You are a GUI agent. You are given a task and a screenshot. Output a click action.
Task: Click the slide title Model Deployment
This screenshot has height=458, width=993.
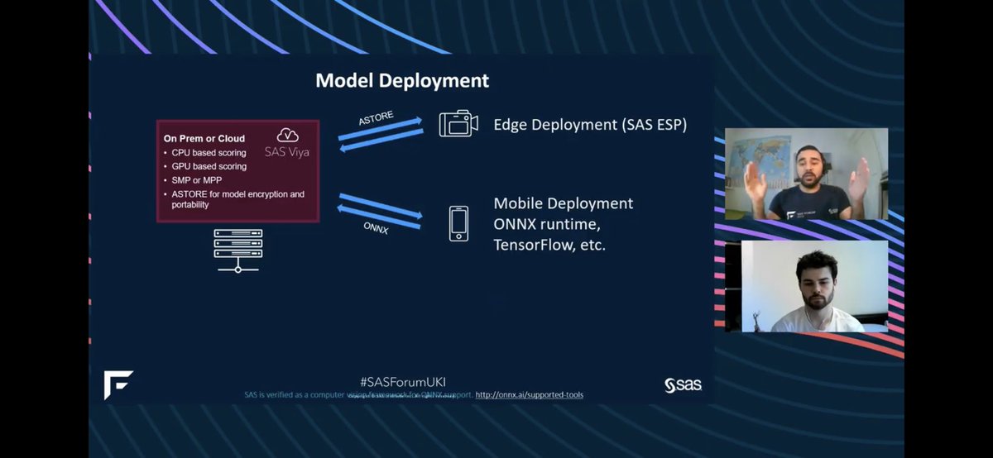click(x=402, y=81)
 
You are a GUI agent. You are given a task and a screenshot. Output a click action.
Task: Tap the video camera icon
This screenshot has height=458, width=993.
click(x=458, y=124)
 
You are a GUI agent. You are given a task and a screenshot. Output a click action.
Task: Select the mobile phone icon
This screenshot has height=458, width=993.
click(x=458, y=223)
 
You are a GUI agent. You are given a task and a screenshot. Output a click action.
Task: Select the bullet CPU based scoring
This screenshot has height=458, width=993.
click(x=209, y=153)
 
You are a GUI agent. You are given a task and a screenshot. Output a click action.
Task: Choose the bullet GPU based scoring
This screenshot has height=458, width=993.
click(x=209, y=166)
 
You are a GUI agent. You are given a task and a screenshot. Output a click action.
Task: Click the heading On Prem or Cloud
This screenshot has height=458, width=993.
click(x=204, y=139)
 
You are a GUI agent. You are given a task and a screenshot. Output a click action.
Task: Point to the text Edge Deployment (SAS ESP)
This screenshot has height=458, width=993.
click(x=590, y=125)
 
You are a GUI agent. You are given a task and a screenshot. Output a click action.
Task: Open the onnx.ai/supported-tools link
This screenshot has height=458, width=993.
click(x=529, y=395)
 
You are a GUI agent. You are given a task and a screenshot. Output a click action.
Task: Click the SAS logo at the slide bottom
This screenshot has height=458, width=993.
click(x=683, y=384)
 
